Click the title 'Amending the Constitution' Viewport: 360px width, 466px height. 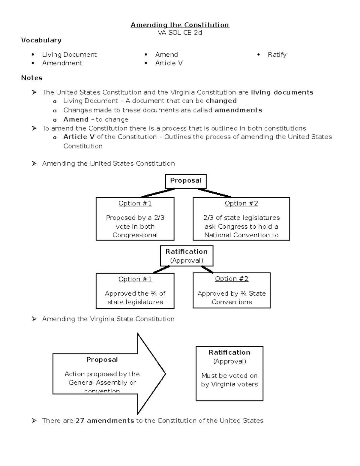(180, 25)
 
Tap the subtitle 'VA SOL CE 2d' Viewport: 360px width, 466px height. (180, 33)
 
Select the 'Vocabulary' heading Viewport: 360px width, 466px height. (41, 40)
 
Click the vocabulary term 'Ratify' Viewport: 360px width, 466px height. (277, 55)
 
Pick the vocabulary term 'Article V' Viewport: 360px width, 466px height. (169, 63)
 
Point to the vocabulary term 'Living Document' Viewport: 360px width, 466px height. (69, 55)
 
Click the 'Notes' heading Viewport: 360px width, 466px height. (31, 78)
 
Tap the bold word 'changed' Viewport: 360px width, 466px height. (221, 101)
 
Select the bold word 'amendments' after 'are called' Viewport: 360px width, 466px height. (238, 110)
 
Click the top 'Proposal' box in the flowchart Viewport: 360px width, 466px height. (186, 181)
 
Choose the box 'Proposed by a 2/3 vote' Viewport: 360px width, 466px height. (135, 219)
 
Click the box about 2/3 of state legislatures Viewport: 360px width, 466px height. (241, 219)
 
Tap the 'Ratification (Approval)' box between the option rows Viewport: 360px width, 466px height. (186, 256)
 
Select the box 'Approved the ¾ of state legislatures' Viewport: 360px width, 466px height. (135, 290)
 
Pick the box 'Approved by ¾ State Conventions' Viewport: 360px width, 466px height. (231, 290)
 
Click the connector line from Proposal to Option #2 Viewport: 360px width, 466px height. (214, 193)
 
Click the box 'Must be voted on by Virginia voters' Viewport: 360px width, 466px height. (229, 374)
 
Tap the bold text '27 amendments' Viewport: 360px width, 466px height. (105, 421)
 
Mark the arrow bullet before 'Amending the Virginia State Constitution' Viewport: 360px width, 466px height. (34, 319)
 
